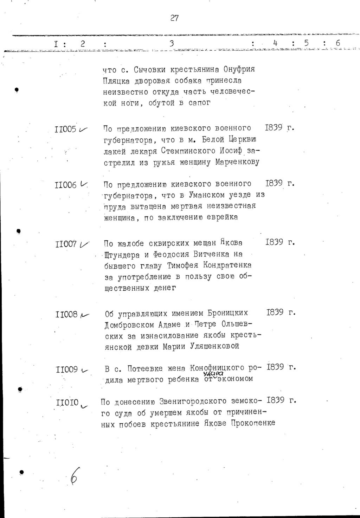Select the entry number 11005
[x=66, y=129]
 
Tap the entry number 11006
[x=66, y=185]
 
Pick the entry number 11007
[x=66, y=244]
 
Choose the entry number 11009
[x=67, y=369]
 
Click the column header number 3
[x=172, y=44]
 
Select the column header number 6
[x=338, y=44]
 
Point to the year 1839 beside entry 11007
[x=275, y=242]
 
